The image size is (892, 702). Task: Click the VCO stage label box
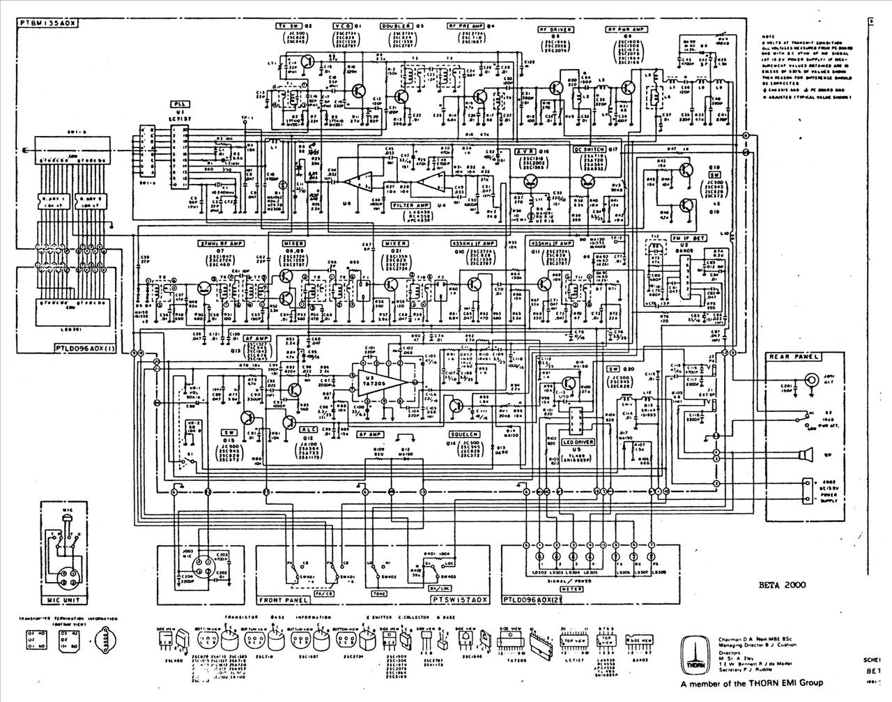tap(341, 24)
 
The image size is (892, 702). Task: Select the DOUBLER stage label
tap(392, 24)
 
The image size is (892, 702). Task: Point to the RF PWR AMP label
tap(622, 30)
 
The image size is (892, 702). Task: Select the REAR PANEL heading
tap(792, 357)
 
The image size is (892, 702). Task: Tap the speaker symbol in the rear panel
tap(806, 457)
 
